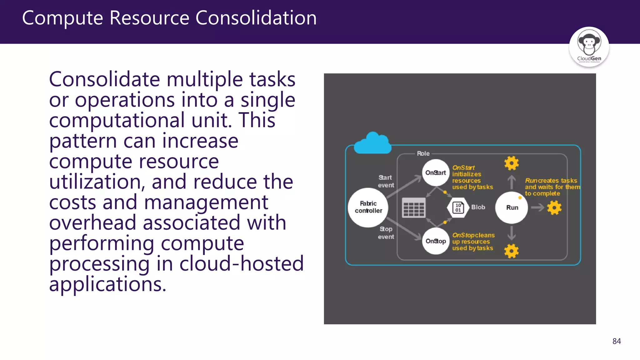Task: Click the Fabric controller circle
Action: pyautogui.click(x=368, y=207)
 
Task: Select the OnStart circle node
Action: pyautogui.click(x=435, y=172)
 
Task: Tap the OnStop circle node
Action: pyautogui.click(x=435, y=241)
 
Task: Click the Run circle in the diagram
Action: pyautogui.click(x=512, y=207)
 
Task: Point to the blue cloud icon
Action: pyautogui.click(x=372, y=144)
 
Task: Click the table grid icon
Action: pyautogui.click(x=413, y=207)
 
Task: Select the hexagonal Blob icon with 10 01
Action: pyautogui.click(x=458, y=207)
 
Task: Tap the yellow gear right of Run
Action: pyautogui.click(x=554, y=207)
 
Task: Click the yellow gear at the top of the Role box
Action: pyautogui.click(x=511, y=163)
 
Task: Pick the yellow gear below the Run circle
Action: pyautogui.click(x=511, y=251)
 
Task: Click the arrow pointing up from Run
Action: pyautogui.click(x=511, y=182)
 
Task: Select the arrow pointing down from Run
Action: pyautogui.click(x=511, y=233)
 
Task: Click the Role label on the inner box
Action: pyautogui.click(x=423, y=153)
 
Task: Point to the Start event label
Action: pyautogui.click(x=386, y=181)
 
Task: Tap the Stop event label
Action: pyautogui.click(x=386, y=233)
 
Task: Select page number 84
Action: pyautogui.click(x=616, y=341)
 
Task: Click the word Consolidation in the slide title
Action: pyautogui.click(x=256, y=18)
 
